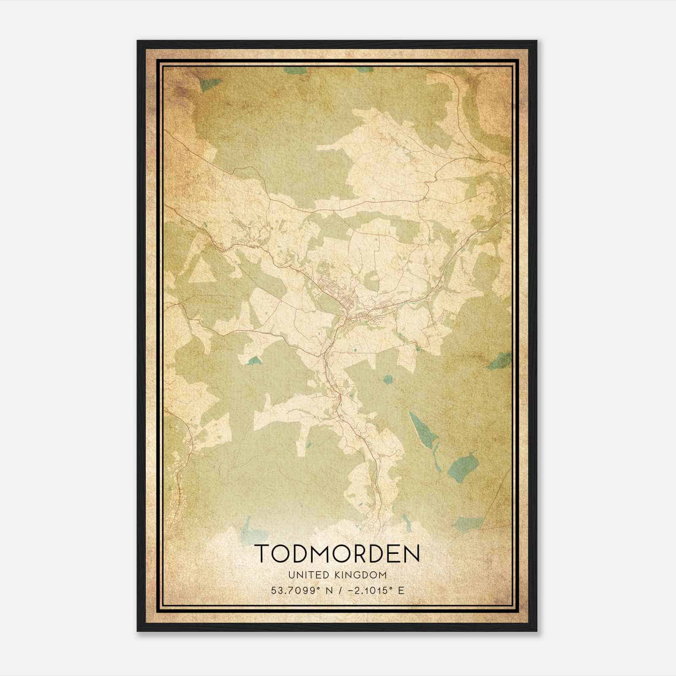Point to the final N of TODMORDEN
[412, 554]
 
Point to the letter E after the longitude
[401, 590]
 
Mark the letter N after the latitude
[330, 590]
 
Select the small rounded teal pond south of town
[387, 379]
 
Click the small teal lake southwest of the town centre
[254, 360]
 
